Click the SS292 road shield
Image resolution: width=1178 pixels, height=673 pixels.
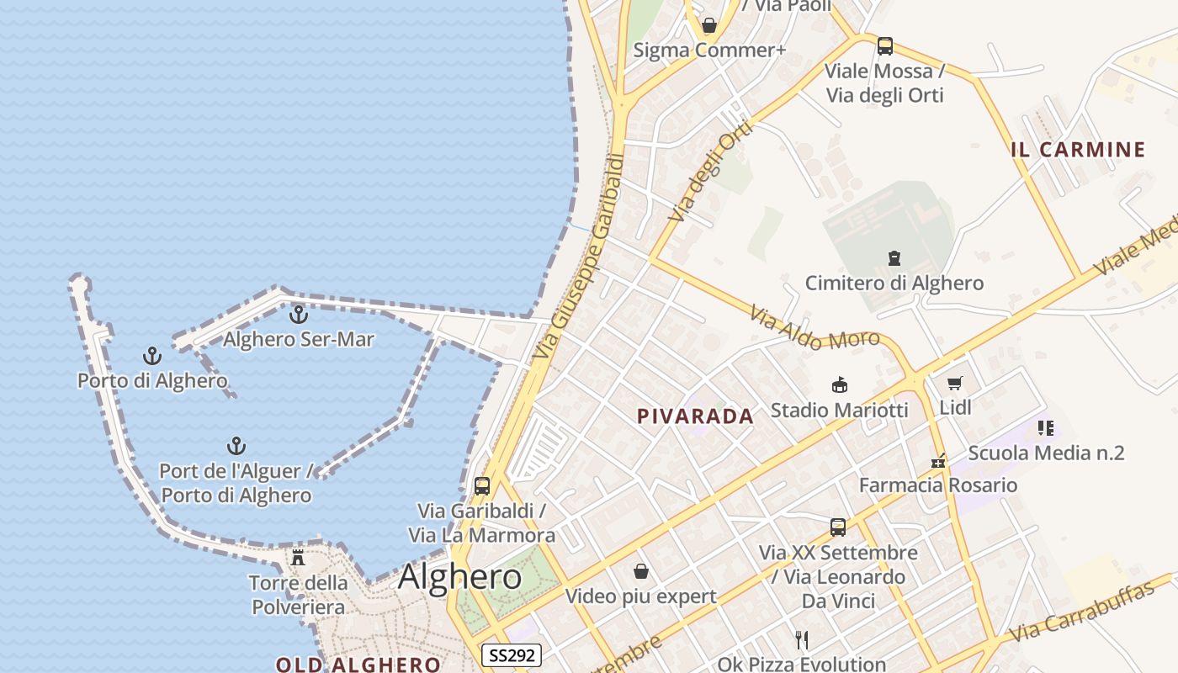tap(512, 655)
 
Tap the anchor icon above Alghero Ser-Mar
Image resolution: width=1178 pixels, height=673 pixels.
tap(299, 315)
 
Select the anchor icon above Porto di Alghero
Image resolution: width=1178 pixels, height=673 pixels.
tap(152, 356)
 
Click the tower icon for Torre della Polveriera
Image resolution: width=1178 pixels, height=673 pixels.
tap(298, 557)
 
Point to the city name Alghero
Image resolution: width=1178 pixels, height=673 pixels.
tap(459, 577)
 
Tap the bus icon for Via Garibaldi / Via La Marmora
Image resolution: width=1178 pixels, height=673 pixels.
tap(482, 485)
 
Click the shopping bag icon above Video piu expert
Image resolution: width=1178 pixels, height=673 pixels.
tap(641, 572)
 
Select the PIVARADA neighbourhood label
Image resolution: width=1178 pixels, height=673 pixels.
tap(695, 416)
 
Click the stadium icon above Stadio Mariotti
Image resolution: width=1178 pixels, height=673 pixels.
tap(839, 385)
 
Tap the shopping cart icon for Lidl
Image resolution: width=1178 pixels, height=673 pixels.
tap(955, 384)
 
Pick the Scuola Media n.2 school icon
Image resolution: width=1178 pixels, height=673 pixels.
tap(1046, 428)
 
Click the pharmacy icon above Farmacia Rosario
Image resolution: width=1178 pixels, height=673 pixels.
tap(938, 461)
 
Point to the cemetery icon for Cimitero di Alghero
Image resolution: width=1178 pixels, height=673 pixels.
tap(894, 258)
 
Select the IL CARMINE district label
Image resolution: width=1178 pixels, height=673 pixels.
tap(1078, 150)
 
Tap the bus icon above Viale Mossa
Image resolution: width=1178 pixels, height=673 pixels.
tap(884, 46)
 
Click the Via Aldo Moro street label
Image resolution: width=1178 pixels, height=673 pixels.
tap(814, 329)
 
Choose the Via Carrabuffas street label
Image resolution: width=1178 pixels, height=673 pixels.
tap(1090, 612)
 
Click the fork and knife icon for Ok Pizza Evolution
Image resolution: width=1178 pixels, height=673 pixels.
tap(802, 640)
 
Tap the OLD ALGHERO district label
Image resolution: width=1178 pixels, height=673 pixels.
tap(358, 665)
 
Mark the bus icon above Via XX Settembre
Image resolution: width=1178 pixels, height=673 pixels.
tap(838, 527)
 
